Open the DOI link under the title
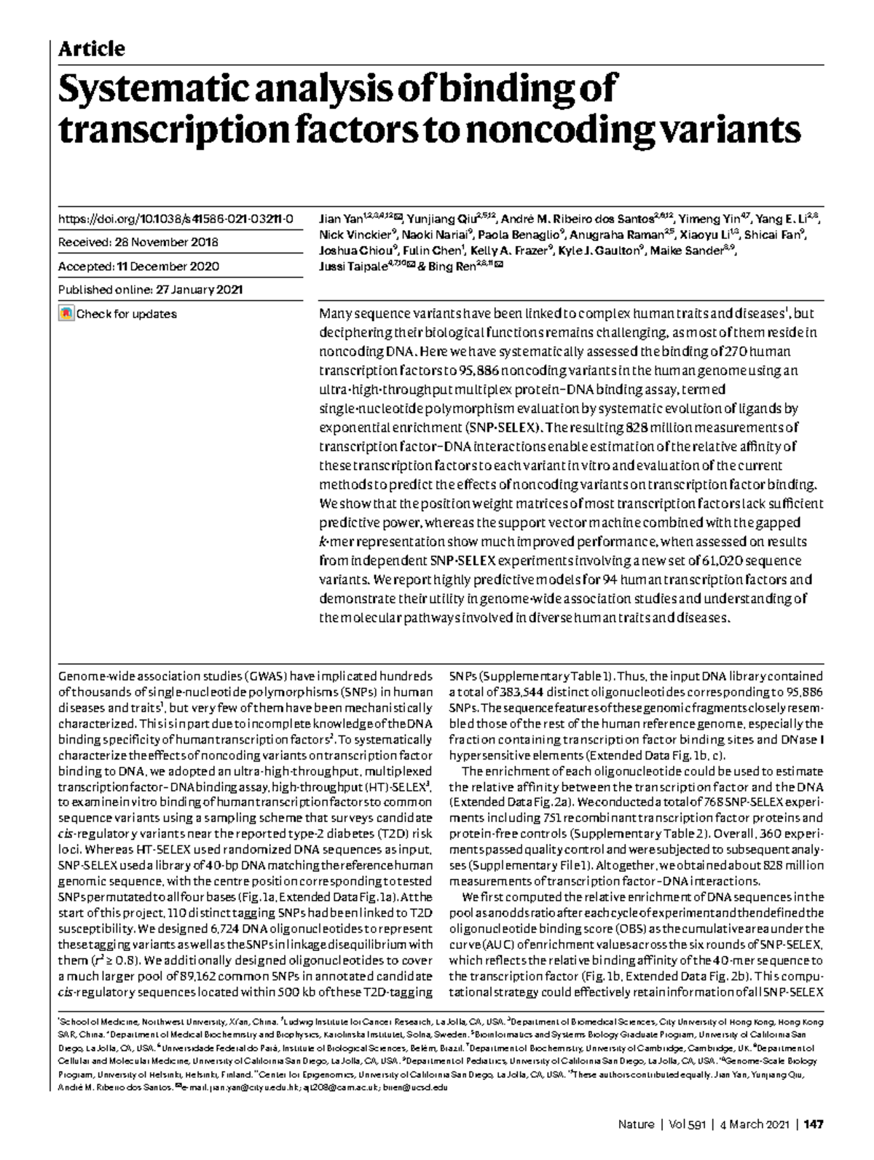(176, 219)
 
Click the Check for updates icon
(66, 314)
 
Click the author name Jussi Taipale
(347, 267)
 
